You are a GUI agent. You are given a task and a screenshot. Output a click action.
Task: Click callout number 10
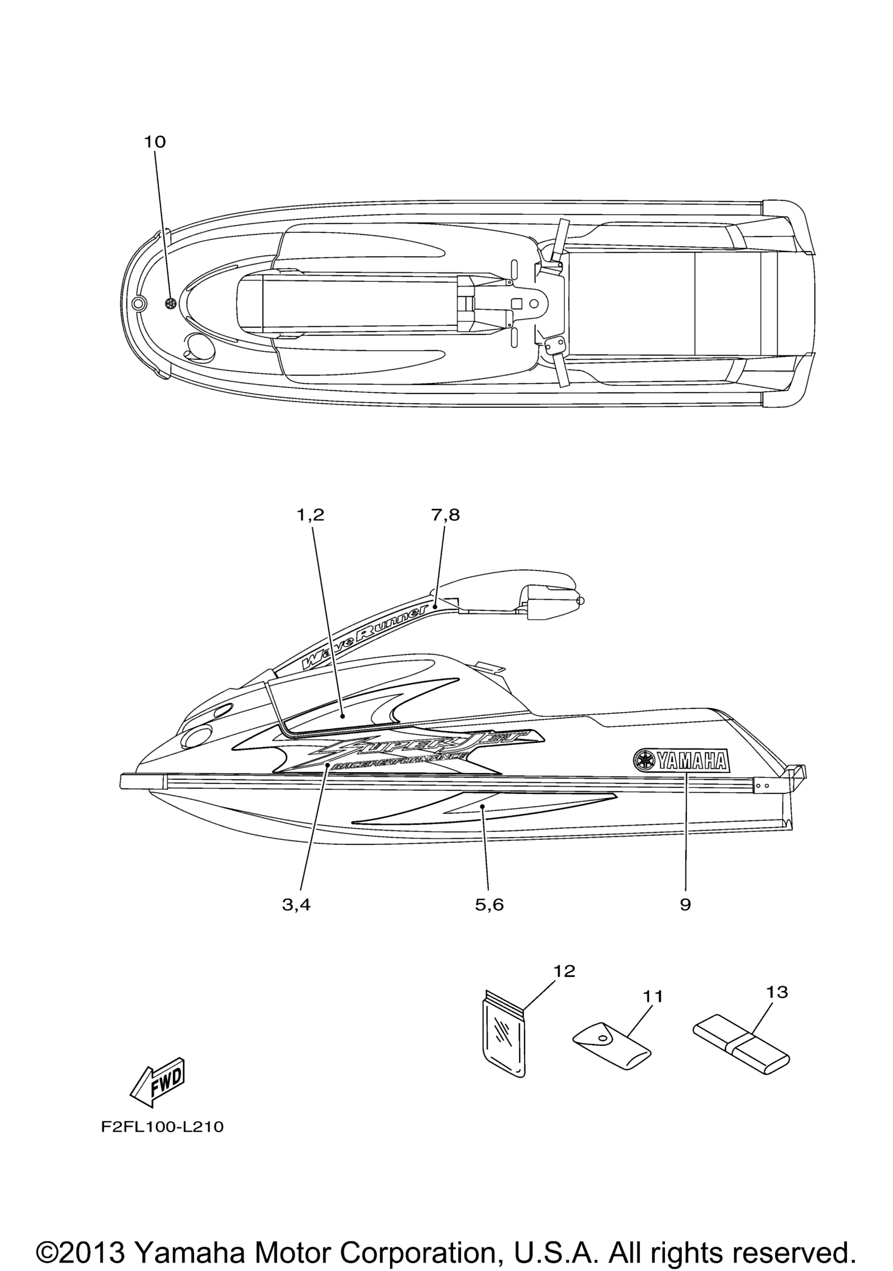click(155, 142)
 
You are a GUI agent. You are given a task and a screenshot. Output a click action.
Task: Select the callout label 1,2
click(310, 515)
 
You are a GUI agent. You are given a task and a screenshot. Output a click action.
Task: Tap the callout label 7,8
click(445, 515)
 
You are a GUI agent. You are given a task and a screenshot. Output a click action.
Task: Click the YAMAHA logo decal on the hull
click(682, 762)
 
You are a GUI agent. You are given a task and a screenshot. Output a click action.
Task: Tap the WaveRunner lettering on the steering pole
click(365, 634)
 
